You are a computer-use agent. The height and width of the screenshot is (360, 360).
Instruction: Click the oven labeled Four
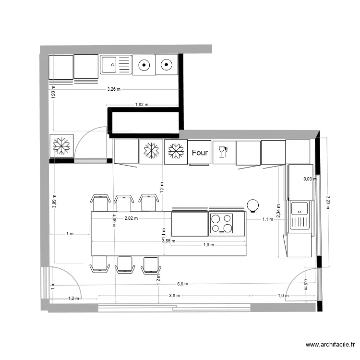pos(200,153)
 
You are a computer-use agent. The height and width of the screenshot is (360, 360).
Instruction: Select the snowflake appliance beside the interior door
pos(61,146)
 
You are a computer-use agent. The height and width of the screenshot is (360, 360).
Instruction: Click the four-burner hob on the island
pos(221,224)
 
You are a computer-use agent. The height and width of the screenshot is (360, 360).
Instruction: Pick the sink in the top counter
pos(116,64)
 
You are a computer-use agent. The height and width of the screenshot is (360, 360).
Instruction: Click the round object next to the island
pos(252,205)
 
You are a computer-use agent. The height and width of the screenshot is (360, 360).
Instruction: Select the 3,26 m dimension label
pos(114,89)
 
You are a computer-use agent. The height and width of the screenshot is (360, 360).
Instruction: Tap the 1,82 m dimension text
pos(141,105)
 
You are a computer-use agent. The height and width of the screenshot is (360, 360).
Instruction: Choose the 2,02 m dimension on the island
pos(131,218)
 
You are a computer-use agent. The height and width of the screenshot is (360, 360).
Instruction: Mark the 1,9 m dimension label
pos(208,245)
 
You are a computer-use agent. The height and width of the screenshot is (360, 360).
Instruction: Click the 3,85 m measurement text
pos(168,241)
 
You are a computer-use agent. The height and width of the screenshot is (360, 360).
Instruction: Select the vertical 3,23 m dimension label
pos(328,201)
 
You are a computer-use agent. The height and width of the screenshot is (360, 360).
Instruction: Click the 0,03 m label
pos(310,179)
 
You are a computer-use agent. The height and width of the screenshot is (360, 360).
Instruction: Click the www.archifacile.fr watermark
pos(331,345)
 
